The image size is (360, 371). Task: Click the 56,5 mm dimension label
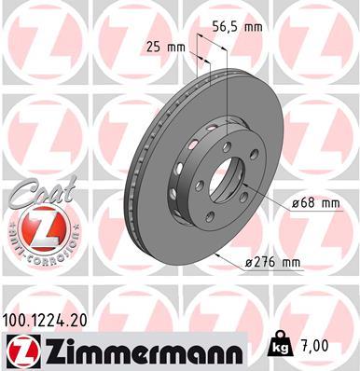point(236,28)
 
